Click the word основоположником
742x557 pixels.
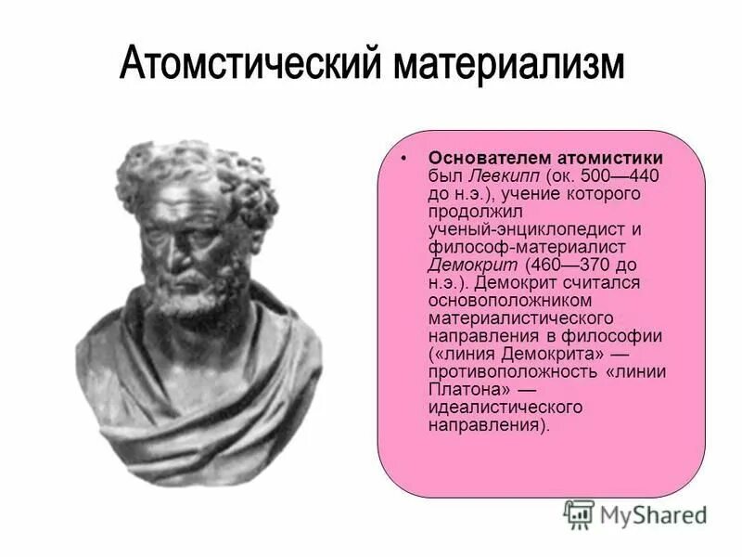[x=502, y=300]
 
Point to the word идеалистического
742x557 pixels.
[x=505, y=408]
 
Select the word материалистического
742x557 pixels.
[x=512, y=317]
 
